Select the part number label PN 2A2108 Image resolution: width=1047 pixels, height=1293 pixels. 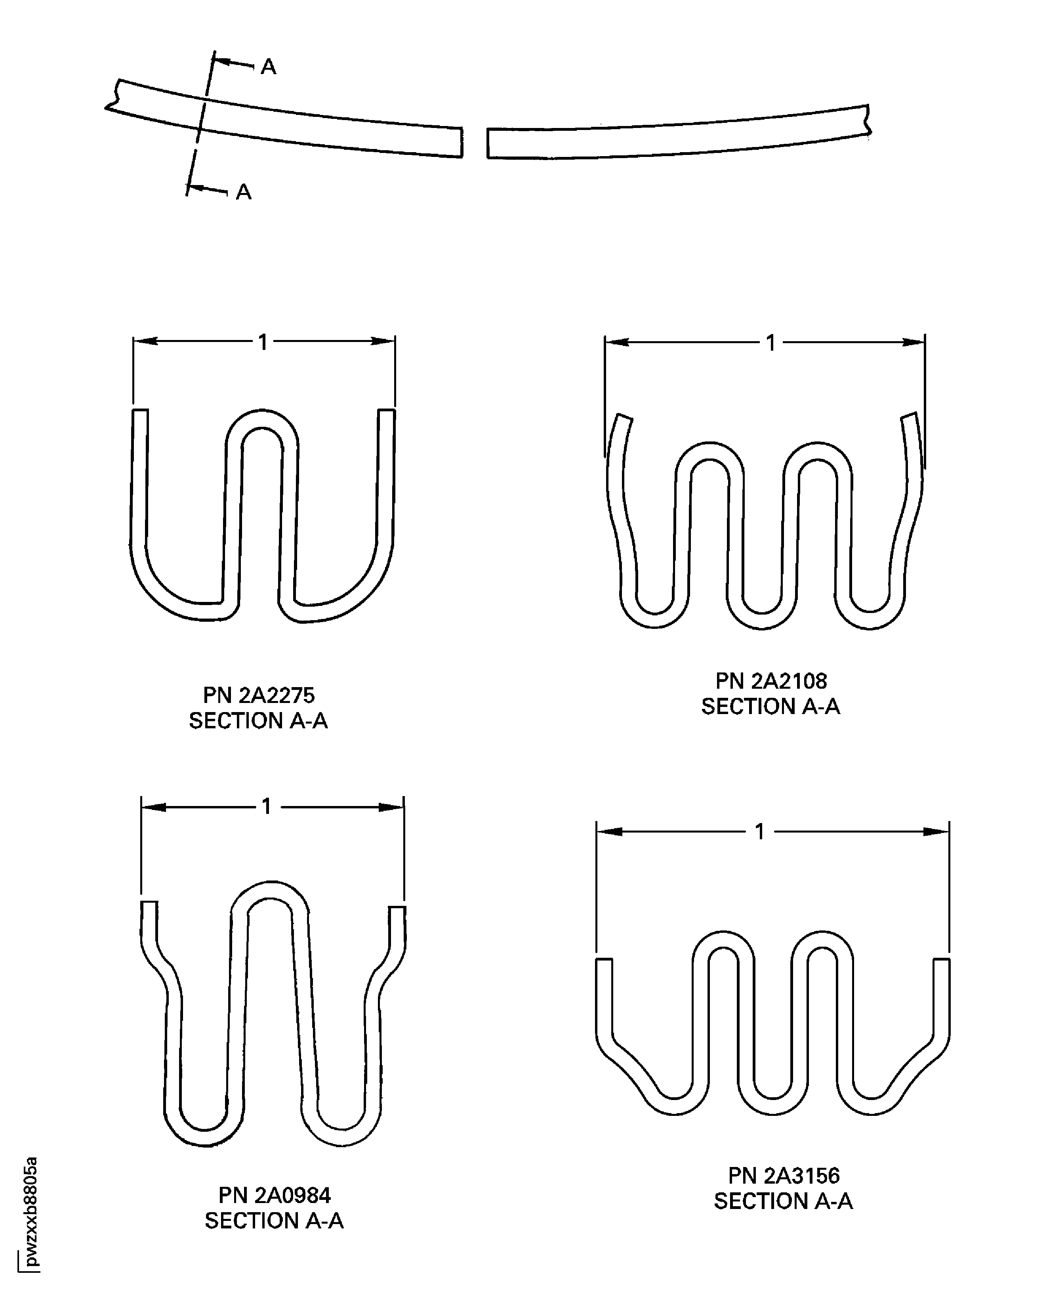[x=771, y=681]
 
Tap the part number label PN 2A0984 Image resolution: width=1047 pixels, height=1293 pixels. [x=275, y=1195]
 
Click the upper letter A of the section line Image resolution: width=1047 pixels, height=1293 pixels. [x=268, y=67]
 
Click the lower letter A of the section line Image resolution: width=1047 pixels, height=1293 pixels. [x=243, y=192]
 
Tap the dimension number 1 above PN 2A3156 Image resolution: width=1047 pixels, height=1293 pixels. [x=760, y=832]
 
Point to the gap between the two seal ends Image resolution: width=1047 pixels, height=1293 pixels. [x=475, y=143]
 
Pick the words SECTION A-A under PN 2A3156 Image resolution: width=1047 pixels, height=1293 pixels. [x=784, y=1201]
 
